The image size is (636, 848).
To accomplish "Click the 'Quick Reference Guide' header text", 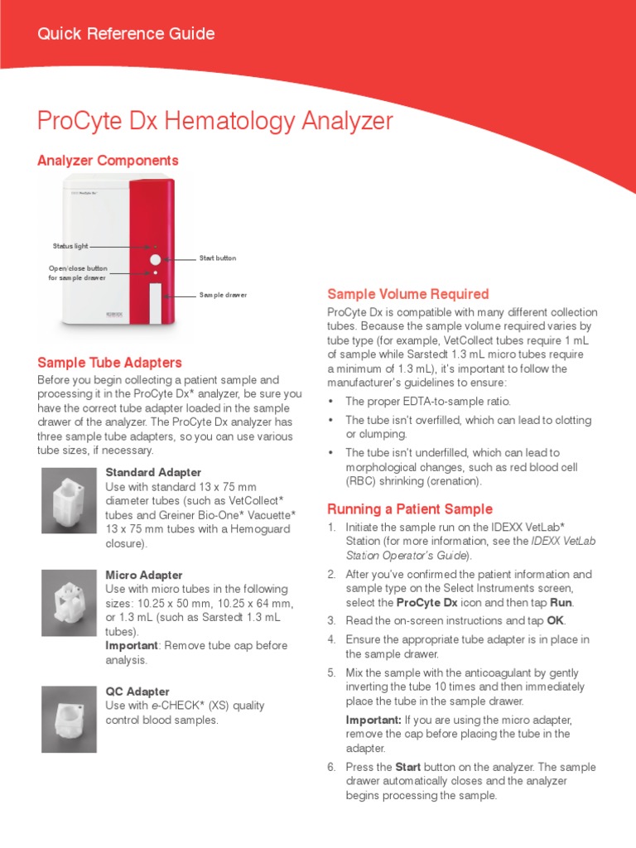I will [x=126, y=34].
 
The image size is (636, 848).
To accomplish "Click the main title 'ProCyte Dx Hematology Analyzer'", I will [x=215, y=121].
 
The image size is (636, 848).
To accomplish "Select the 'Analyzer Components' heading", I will [x=108, y=160].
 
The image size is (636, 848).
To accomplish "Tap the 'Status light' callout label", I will [x=70, y=246].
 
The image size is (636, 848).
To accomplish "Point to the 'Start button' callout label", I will [x=217, y=258].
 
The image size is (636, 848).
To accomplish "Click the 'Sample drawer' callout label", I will [x=223, y=295].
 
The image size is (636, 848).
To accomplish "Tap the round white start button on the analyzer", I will [x=155, y=259].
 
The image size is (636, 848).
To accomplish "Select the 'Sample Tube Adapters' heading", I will [x=109, y=363].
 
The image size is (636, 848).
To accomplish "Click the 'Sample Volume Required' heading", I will [x=408, y=294].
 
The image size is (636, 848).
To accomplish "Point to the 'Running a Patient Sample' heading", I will [x=410, y=508].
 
